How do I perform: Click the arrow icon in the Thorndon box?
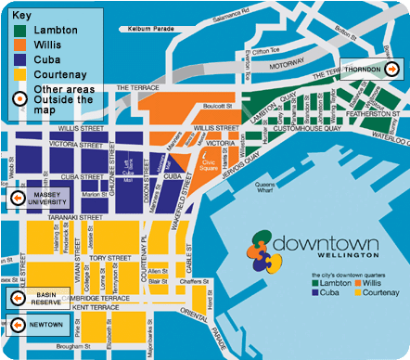(x=392, y=70)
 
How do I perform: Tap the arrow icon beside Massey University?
(x=17, y=198)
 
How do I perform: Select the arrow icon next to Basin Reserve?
(x=17, y=298)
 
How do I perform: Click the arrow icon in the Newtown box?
(x=17, y=326)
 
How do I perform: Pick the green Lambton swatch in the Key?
(x=19, y=31)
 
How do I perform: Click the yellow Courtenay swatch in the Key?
(x=19, y=73)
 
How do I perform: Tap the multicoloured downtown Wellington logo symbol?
(x=264, y=248)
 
